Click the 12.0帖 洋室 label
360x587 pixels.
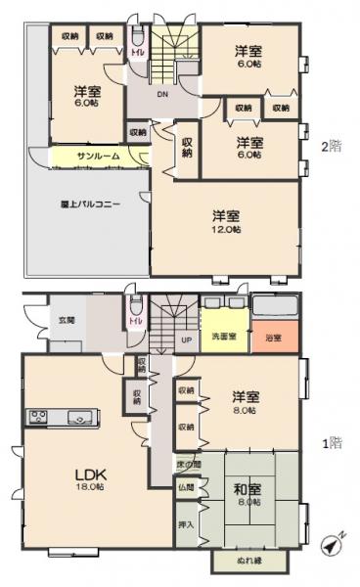226,222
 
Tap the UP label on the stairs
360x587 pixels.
186,339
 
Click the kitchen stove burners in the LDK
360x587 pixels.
39,418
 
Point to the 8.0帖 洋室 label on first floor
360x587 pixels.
246,403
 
